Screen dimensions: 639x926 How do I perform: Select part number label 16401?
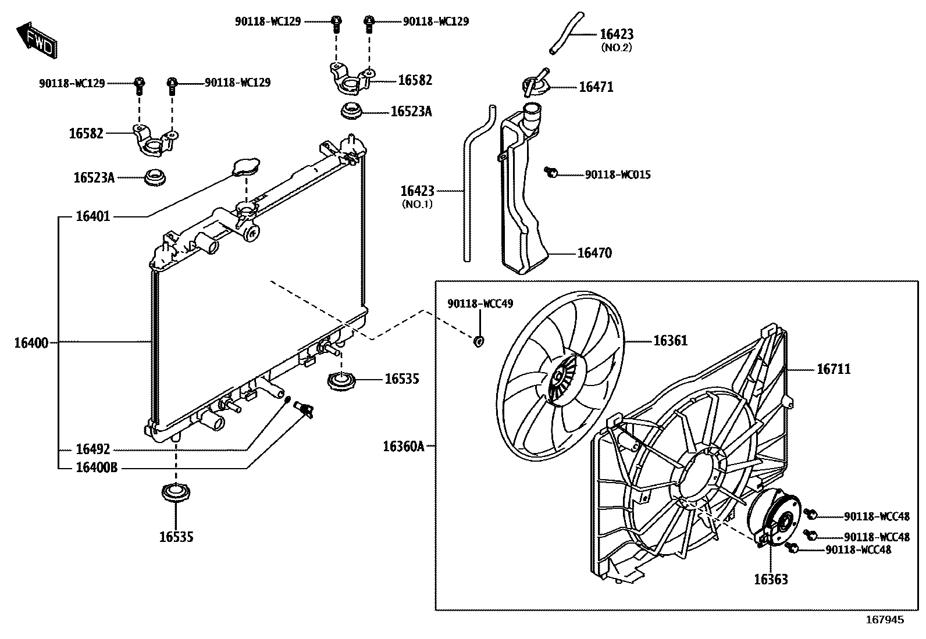point(92,217)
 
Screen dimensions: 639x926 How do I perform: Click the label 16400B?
point(97,467)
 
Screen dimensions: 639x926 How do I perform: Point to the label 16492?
point(92,450)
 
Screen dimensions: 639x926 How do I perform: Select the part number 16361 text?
point(670,341)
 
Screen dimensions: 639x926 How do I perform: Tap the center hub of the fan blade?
point(560,379)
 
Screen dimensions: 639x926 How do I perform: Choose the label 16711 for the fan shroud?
point(834,369)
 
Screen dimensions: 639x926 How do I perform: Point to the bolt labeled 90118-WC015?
point(551,172)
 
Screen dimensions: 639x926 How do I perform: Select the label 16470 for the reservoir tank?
point(594,253)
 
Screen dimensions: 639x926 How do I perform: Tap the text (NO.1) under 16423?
point(417,204)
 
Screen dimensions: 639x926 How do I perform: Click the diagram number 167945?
point(886,620)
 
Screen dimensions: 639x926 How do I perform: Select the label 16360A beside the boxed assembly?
point(404,447)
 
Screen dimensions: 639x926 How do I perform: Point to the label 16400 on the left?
point(31,343)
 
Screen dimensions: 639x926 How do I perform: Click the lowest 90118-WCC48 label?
point(858,549)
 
